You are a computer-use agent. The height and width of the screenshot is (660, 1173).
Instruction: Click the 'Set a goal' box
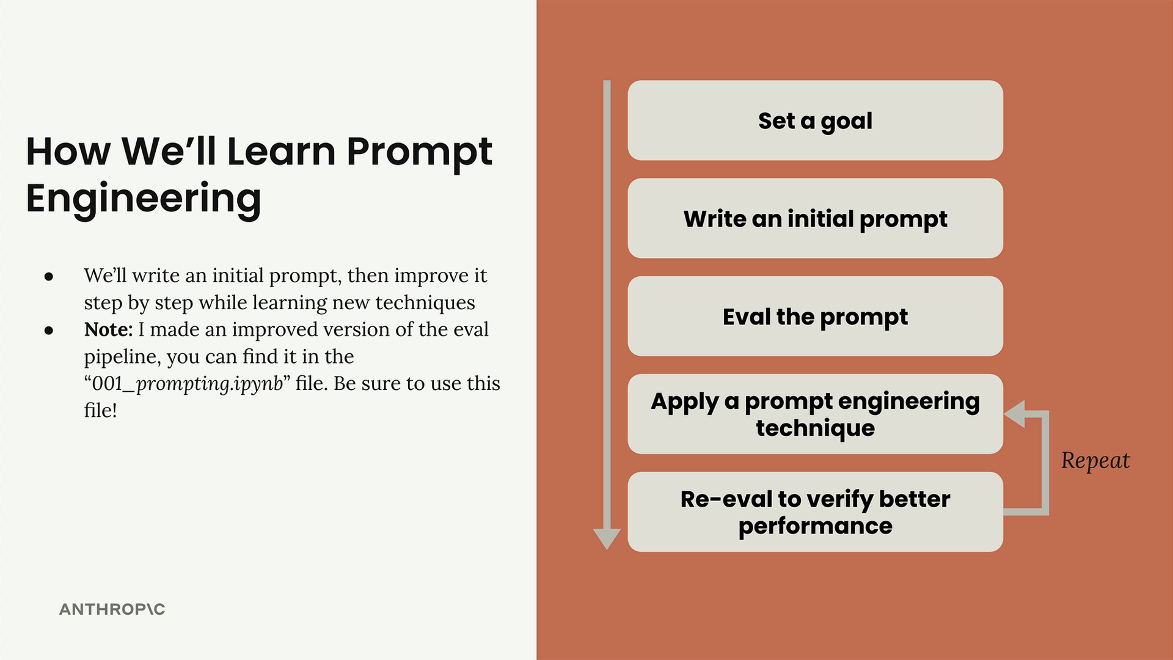pos(815,120)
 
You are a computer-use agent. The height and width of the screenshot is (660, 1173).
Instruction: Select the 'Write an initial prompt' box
pos(815,218)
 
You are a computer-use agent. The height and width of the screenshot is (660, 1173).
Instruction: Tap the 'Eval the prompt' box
pos(815,316)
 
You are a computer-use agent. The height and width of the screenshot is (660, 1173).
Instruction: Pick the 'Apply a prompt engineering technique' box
pos(815,414)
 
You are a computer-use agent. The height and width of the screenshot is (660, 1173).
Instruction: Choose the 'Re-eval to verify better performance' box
pos(815,512)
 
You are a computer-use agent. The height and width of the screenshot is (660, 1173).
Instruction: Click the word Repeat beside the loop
pos(1095,461)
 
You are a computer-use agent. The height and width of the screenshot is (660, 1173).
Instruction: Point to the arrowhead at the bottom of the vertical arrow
pos(607,538)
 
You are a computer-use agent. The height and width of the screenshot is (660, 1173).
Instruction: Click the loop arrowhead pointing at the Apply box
pos(1014,414)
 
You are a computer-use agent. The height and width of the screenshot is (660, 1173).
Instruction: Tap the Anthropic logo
pos(112,609)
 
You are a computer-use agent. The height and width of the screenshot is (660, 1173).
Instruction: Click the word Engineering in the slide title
pos(144,199)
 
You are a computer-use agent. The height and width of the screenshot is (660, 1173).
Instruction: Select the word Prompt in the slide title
pos(419,152)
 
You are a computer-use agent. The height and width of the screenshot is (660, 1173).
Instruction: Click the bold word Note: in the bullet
pos(108,329)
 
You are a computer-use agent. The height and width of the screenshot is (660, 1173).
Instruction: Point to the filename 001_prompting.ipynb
pos(187,384)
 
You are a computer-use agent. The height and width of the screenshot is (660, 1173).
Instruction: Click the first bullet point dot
pos(49,277)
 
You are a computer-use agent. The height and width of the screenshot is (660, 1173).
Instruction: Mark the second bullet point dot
pos(49,331)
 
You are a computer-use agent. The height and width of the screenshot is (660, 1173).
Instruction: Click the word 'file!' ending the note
pos(100,410)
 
